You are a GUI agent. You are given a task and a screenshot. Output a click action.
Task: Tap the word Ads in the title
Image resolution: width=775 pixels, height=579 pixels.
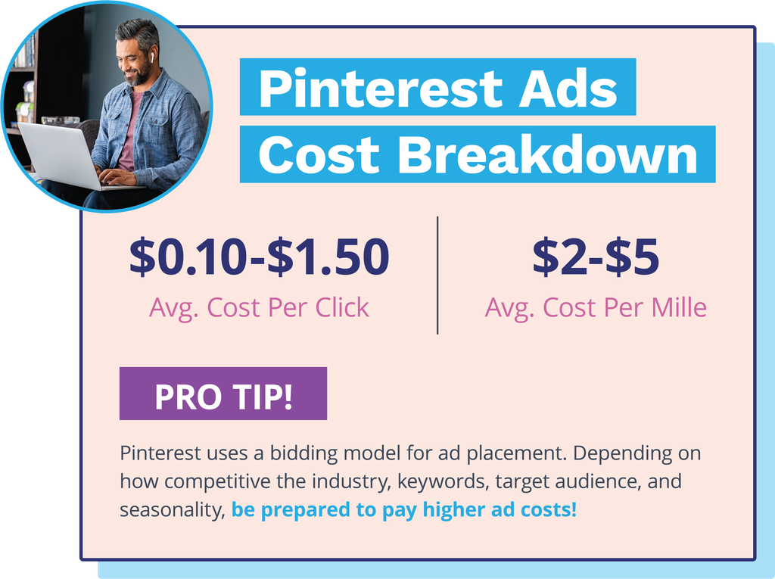pyautogui.click(x=568, y=89)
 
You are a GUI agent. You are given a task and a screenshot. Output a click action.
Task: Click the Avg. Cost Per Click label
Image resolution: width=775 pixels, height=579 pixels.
pyautogui.click(x=259, y=308)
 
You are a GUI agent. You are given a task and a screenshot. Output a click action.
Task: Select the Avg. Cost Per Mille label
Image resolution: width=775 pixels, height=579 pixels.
pyautogui.click(x=596, y=307)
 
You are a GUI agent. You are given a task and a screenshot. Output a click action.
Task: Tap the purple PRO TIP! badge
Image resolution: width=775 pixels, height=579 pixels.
pyautogui.click(x=223, y=394)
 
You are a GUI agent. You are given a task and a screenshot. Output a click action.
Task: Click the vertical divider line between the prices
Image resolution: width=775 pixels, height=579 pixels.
pyautogui.click(x=437, y=275)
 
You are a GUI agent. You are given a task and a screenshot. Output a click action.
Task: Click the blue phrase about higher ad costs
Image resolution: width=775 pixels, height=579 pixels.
pyautogui.click(x=404, y=510)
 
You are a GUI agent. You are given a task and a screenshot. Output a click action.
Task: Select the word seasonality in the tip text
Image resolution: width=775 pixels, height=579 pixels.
pyautogui.click(x=172, y=510)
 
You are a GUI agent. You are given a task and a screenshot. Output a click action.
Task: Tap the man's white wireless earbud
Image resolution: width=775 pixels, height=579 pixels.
pyautogui.click(x=151, y=57)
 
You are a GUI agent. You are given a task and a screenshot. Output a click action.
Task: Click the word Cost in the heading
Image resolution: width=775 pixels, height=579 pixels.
pyautogui.click(x=319, y=154)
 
